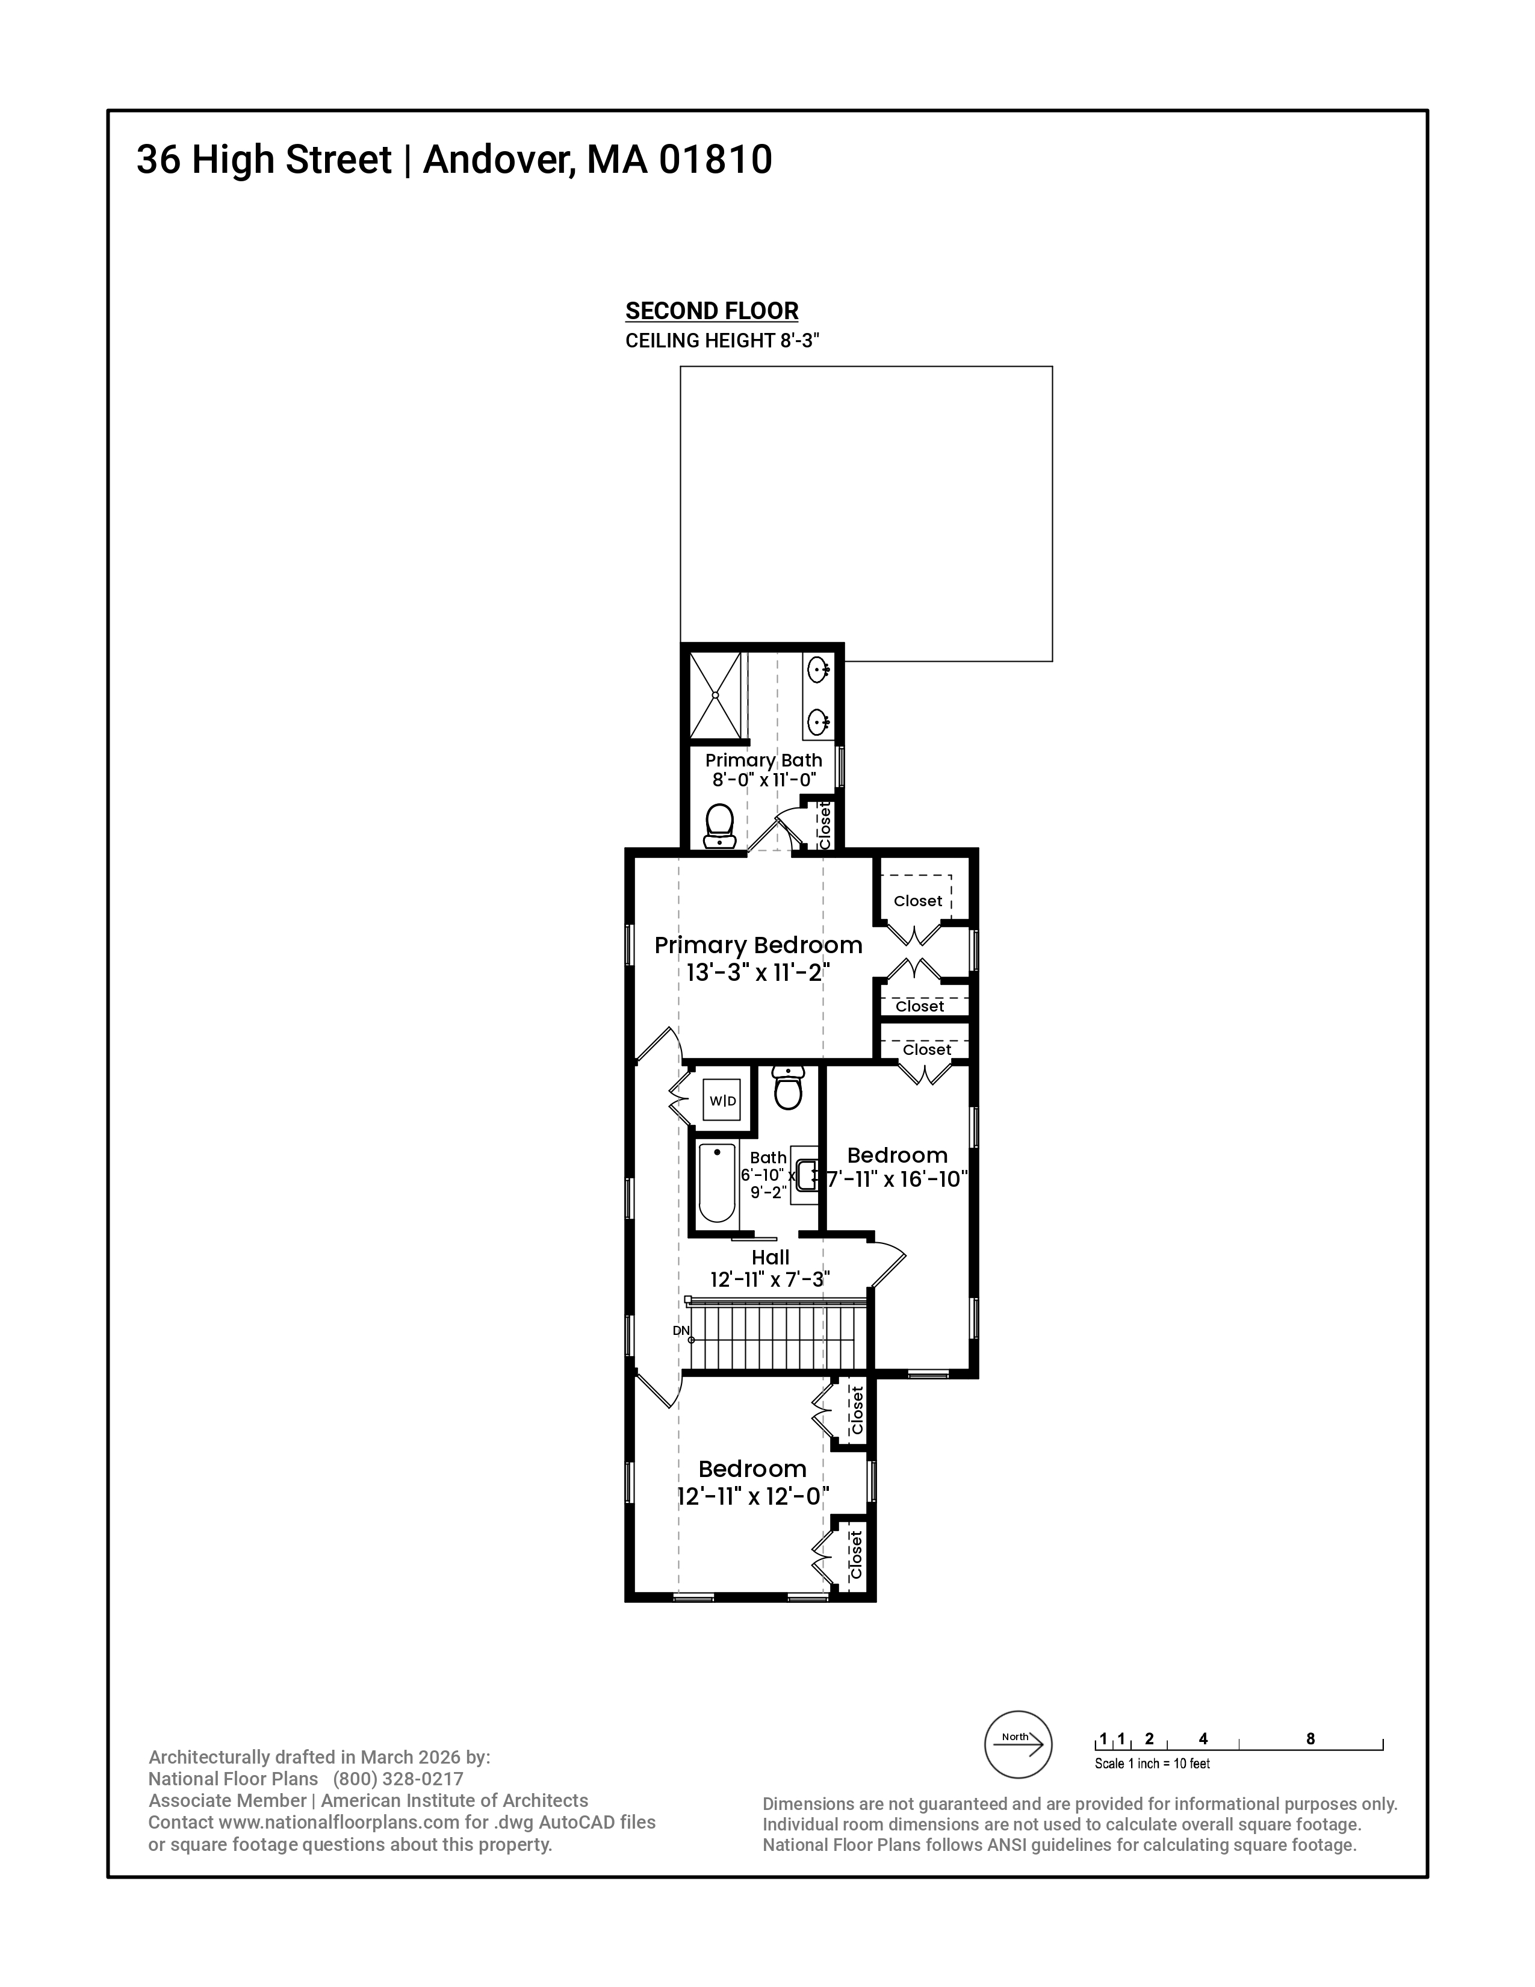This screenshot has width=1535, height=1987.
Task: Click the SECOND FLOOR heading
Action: (711, 311)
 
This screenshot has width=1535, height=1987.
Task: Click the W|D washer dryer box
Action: (723, 1101)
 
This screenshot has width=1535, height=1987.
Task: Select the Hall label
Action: (771, 1257)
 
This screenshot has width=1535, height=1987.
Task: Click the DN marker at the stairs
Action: (681, 1330)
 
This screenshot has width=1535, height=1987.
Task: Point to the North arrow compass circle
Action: (1019, 1745)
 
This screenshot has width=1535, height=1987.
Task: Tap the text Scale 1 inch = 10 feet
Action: (1152, 1763)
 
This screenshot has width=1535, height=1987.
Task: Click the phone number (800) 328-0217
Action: (398, 1779)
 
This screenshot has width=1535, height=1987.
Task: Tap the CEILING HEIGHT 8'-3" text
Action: (722, 341)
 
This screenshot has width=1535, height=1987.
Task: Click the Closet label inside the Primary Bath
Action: (825, 824)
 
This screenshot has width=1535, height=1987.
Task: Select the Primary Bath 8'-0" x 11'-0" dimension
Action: (764, 780)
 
